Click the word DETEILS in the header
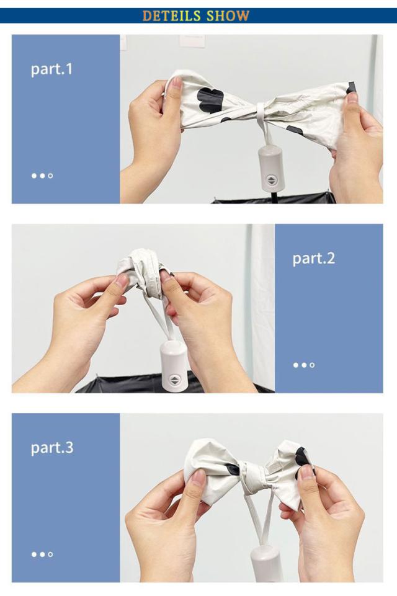pyautogui.click(x=171, y=16)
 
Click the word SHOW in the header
pyautogui.click(x=228, y=16)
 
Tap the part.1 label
pyautogui.click(x=51, y=69)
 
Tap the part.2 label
pyautogui.click(x=314, y=259)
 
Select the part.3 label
pyautogui.click(x=51, y=447)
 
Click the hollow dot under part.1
pyautogui.click(x=51, y=176)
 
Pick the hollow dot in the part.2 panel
pyautogui.click(x=312, y=365)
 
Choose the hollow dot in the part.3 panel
pyautogui.click(x=51, y=554)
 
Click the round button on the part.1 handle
pyautogui.click(x=271, y=180)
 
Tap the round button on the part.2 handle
pyautogui.click(x=174, y=380)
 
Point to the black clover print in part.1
pyautogui.click(x=210, y=100)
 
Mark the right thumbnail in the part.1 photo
pyautogui.click(x=352, y=97)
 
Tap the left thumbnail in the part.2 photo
pyautogui.click(x=122, y=280)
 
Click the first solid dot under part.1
pyautogui.click(x=34, y=176)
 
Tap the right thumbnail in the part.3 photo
pyautogui.click(x=306, y=473)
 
